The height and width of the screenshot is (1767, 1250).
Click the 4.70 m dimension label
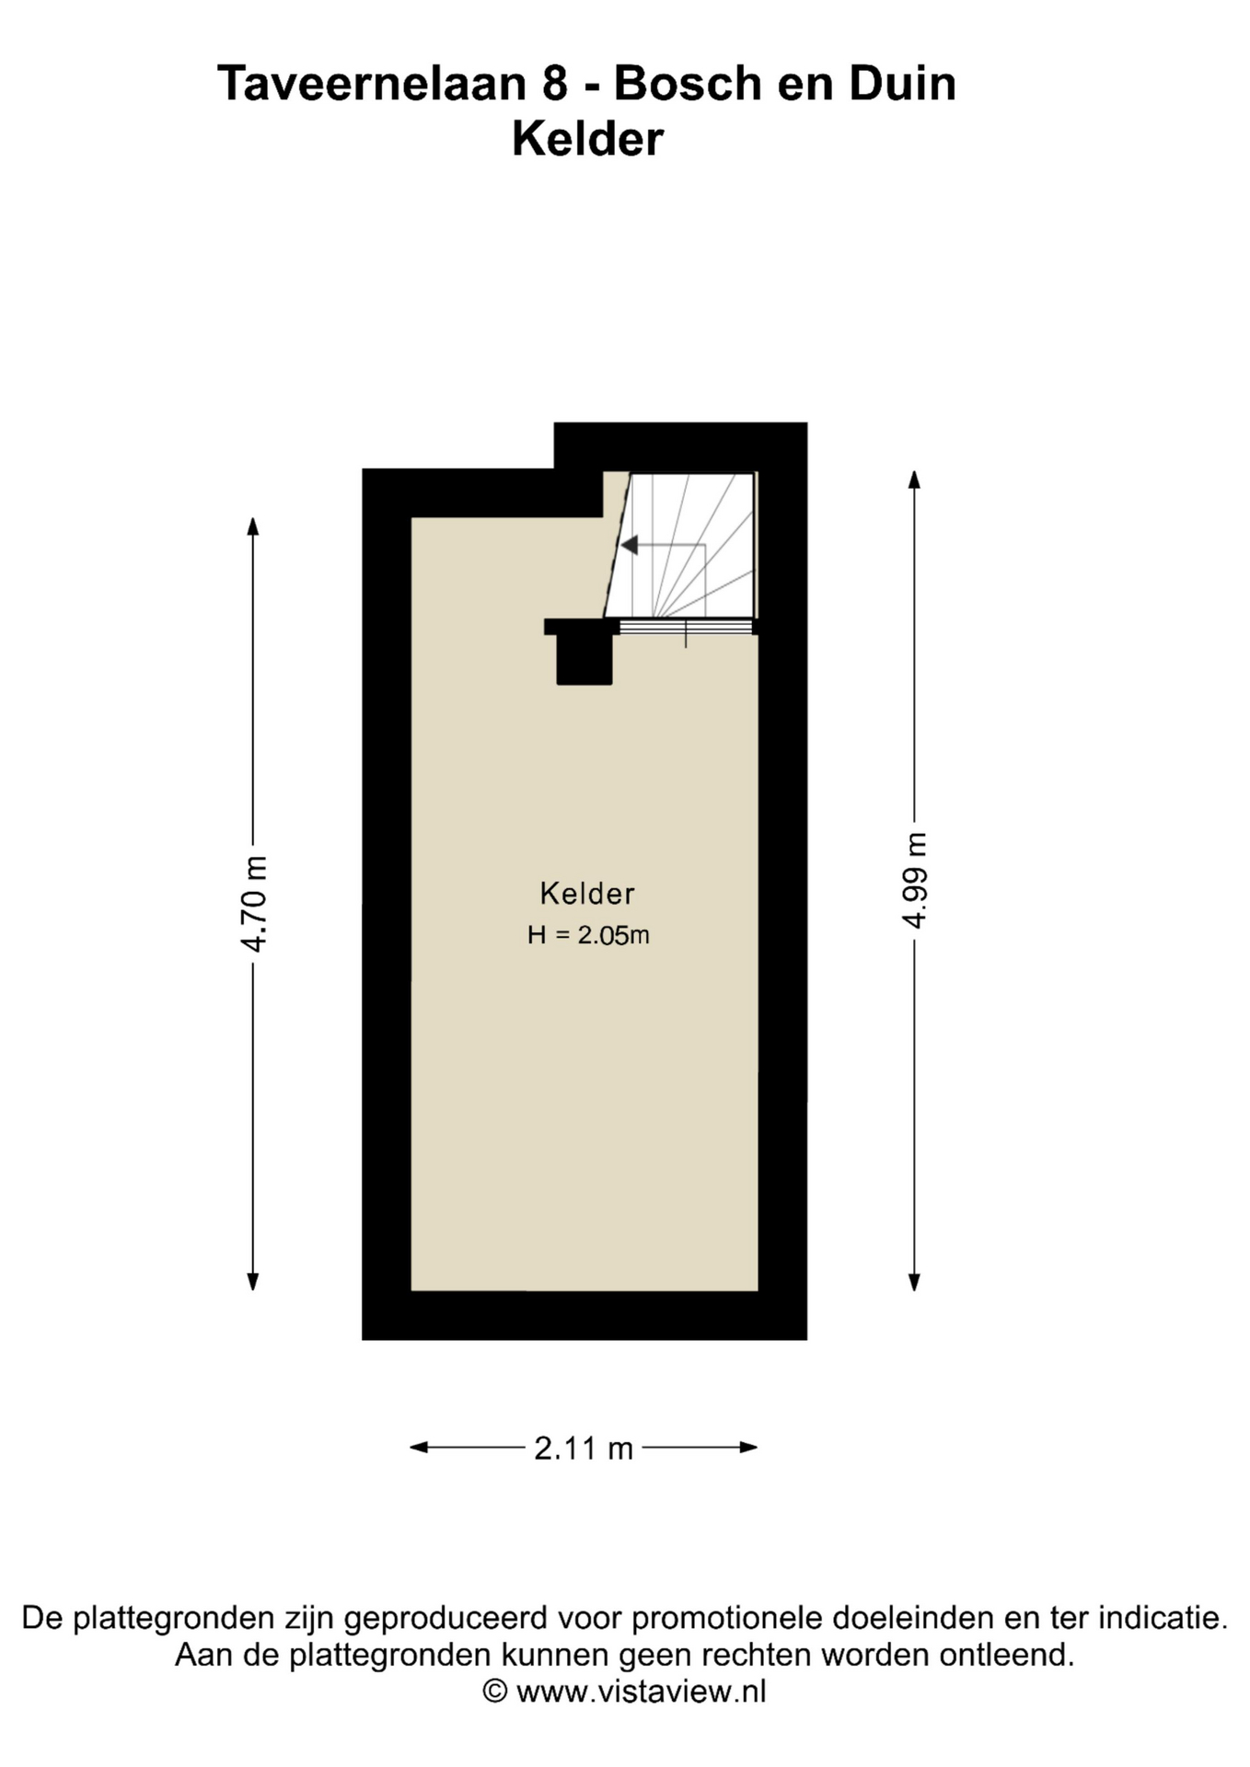[253, 903]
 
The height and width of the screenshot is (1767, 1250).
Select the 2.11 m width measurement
[584, 1449]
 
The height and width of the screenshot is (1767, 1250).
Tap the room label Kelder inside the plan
[587, 894]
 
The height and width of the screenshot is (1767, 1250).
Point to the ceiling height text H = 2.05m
[588, 935]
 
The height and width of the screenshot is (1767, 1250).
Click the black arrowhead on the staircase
[630, 546]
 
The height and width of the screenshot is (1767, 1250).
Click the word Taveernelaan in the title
[372, 84]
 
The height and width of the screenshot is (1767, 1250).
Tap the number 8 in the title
[555, 84]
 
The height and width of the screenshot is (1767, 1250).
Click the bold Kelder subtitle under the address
[587, 140]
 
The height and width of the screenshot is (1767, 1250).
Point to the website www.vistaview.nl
[641, 1691]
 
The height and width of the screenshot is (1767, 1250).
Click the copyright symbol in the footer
[495, 1691]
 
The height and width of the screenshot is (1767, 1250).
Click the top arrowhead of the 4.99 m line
[914, 479]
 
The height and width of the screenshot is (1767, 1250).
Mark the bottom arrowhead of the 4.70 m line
[253, 1281]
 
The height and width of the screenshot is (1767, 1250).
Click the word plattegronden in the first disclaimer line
[174, 1617]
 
